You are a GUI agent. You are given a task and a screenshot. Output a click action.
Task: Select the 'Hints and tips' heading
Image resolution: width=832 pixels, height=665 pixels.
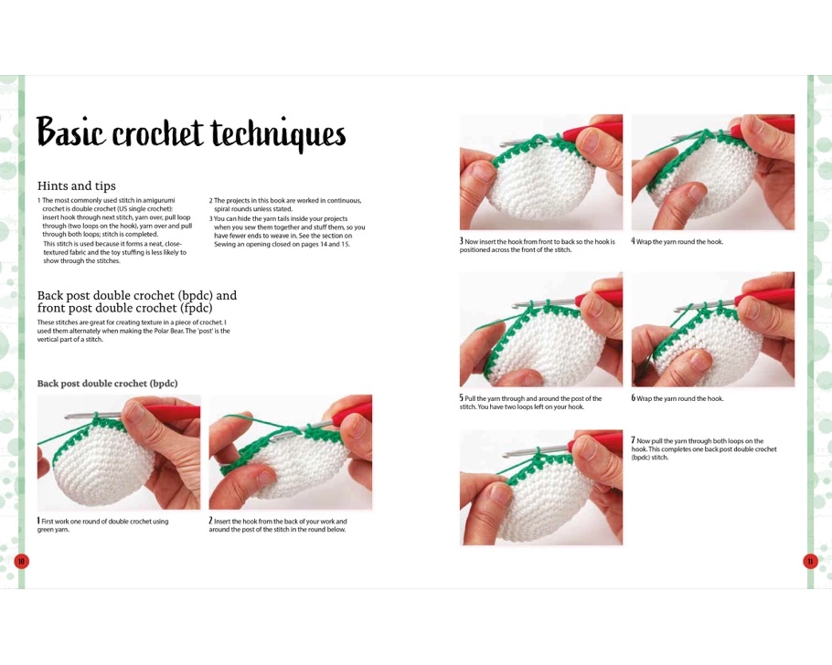click(x=77, y=185)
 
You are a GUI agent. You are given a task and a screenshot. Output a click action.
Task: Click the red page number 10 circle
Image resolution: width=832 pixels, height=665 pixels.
click(x=21, y=561)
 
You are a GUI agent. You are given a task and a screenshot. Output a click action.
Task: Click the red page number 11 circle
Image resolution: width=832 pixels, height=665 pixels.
click(x=810, y=561)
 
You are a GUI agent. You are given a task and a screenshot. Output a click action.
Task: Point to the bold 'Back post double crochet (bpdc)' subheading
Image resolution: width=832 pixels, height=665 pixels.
click(x=107, y=384)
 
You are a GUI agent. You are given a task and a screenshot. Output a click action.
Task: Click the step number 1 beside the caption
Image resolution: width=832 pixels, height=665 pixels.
click(x=38, y=521)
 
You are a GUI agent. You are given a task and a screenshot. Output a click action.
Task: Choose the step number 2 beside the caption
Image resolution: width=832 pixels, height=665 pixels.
click(x=210, y=521)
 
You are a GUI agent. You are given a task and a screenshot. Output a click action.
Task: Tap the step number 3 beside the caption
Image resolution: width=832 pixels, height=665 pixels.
click(x=462, y=241)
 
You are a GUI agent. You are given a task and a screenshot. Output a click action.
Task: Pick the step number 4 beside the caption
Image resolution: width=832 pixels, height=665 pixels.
click(x=633, y=241)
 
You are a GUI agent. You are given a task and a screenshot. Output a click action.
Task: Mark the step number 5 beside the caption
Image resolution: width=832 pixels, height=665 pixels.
click(x=462, y=397)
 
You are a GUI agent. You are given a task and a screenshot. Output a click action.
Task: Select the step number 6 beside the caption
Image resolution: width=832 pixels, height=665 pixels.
click(x=633, y=397)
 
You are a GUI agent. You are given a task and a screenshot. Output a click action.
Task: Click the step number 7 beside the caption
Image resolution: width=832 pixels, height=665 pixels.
click(x=633, y=440)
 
